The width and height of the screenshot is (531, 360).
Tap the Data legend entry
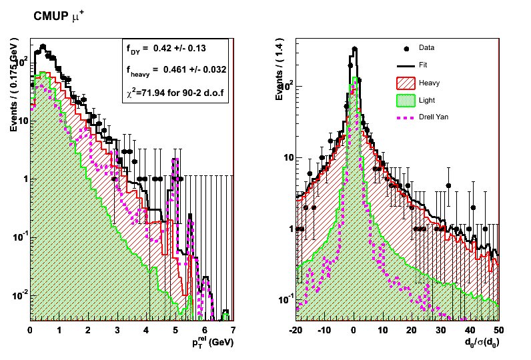pyautogui.click(x=426, y=48)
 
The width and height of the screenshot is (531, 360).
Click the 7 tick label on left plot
pyautogui.click(x=232, y=329)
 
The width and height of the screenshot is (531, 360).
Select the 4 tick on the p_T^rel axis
pyautogui.click(x=145, y=329)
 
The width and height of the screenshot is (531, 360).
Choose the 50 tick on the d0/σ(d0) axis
pyautogui.click(x=498, y=329)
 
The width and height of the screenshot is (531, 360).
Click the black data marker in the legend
pyautogui.click(x=406, y=48)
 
